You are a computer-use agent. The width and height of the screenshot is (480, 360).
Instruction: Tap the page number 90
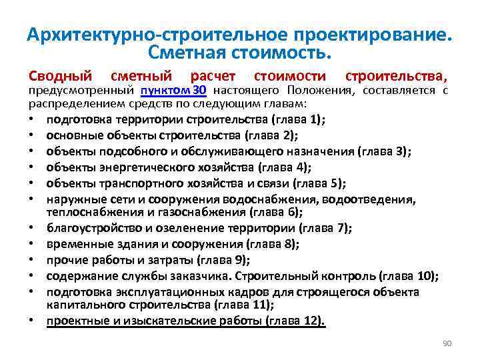447,343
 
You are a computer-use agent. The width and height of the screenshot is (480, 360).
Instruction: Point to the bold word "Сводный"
59,76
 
